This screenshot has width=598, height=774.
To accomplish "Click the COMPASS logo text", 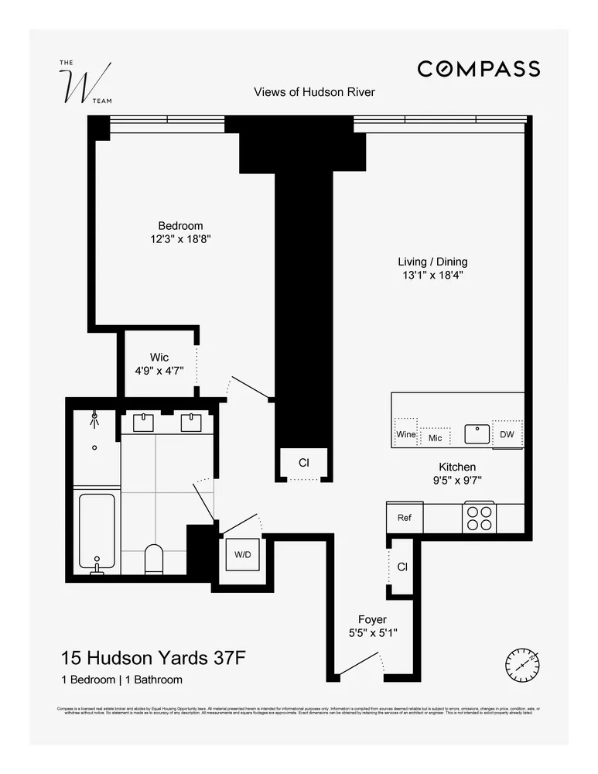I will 478,69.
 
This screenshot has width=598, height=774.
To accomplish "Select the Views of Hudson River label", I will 314,92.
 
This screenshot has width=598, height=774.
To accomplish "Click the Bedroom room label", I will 180,226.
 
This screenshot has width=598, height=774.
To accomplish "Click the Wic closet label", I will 159,358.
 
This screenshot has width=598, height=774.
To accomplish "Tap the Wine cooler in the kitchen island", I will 406,435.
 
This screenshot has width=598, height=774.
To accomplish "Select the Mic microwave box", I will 435,438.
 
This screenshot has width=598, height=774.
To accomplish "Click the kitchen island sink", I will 477,433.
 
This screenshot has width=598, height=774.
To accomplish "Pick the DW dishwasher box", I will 507,434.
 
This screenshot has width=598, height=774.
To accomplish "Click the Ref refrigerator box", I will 404,518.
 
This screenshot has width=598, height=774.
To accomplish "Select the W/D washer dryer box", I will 243,555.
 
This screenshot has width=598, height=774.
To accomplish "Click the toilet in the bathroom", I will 154,559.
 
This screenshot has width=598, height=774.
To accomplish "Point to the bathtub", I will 97,530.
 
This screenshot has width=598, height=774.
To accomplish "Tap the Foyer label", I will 372,619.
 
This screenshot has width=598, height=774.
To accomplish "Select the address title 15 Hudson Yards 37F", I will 154,659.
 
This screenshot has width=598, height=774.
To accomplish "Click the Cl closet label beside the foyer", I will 402,567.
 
